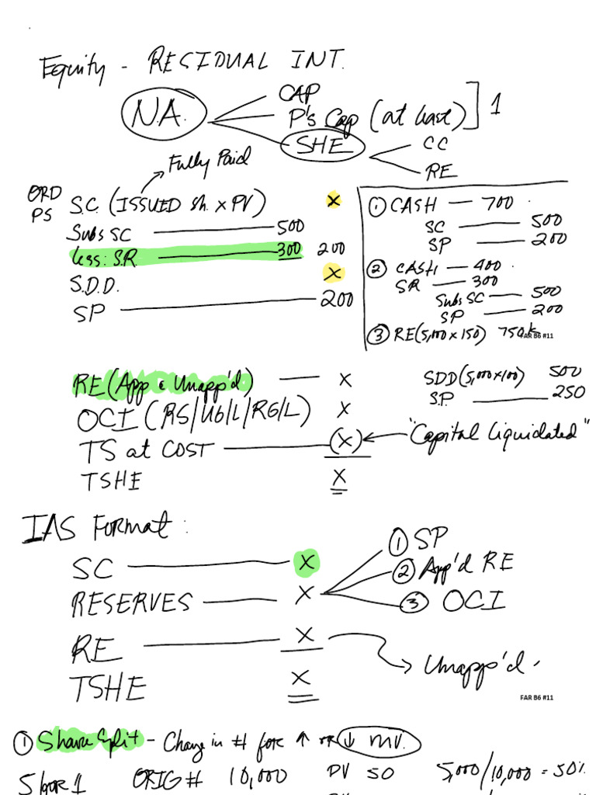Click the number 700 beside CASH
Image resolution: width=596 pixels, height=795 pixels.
[497, 204]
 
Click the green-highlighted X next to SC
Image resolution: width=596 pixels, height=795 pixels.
[306, 563]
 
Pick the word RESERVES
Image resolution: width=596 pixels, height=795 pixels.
[130, 603]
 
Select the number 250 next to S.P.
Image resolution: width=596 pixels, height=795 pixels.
[569, 393]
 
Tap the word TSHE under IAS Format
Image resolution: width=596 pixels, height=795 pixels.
[108, 687]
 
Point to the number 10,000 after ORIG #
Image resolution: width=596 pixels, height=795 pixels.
[258, 776]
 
